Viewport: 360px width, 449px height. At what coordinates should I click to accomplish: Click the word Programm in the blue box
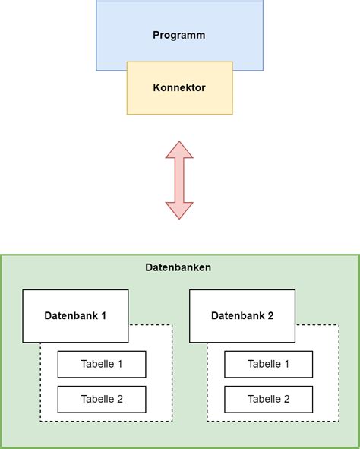tap(179, 35)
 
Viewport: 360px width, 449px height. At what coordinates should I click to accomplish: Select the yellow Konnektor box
tap(179, 88)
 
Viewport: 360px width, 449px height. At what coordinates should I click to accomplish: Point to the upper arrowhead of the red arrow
tap(179, 150)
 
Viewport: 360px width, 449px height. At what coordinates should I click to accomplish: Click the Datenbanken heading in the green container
tap(178, 267)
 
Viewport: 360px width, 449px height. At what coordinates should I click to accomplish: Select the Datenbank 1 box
tap(75, 315)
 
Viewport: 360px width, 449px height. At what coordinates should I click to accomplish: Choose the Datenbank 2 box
tap(242, 315)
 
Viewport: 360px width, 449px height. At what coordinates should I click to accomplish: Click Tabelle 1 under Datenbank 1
tap(102, 365)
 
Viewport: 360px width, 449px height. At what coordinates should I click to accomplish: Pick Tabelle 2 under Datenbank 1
tap(102, 399)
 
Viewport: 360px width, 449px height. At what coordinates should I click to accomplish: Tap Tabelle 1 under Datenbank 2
tap(268, 365)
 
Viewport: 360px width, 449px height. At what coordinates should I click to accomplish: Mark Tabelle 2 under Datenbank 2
tap(268, 399)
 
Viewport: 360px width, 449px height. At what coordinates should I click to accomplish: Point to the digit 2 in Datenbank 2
tap(270, 316)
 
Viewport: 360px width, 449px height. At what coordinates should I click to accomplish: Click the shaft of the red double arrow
tap(179, 180)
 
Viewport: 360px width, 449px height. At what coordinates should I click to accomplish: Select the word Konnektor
tap(179, 88)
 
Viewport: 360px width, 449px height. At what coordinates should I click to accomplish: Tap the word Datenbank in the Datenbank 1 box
tap(70, 316)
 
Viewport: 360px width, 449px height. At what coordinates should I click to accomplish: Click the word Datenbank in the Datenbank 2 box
tap(237, 316)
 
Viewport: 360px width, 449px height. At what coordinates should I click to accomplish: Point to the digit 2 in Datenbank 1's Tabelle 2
tap(119, 399)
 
